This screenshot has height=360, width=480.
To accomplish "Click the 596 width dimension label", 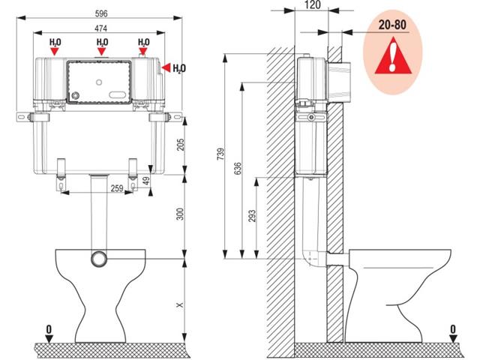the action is pos(101,13).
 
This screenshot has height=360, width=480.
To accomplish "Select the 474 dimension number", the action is pos(100,28).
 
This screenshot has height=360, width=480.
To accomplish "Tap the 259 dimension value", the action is pos(117,188).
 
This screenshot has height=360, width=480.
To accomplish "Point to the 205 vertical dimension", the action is pos(181,145).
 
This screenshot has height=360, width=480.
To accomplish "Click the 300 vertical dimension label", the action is pos(181,214).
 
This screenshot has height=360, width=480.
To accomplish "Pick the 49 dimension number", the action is pos(147,181).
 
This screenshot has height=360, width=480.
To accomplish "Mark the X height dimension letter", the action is pos(180,305).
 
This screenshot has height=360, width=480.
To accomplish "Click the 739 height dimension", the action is pos(220,154).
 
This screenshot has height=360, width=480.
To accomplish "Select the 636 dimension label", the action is pos(238,169).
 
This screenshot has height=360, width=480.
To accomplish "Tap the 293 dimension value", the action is pos(252,216).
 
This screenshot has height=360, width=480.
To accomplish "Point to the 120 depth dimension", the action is pos(313,4).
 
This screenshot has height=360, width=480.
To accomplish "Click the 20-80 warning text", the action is pos(392,25).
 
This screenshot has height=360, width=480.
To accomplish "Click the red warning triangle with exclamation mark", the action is pos(393,56).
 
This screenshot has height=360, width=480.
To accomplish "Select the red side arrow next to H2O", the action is pos(166,67).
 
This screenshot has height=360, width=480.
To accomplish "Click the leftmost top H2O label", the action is pos(55,42).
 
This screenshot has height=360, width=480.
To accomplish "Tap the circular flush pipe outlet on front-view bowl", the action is pos(99,259).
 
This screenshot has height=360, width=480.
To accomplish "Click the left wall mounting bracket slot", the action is pos(20,117).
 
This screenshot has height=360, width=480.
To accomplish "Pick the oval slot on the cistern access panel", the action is pos(118,94).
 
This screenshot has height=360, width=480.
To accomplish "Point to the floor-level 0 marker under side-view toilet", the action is pos(453,334).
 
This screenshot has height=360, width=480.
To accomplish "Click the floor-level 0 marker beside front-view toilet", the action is pos(49,334).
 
